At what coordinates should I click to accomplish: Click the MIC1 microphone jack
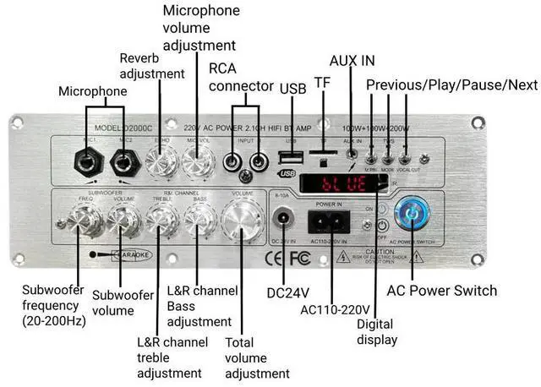click(x=88, y=160)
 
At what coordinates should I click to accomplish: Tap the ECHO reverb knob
click(x=161, y=159)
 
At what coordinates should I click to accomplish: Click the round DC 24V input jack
click(x=282, y=221)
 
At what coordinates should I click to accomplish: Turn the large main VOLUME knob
click(x=242, y=220)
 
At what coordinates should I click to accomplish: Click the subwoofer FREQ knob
click(x=87, y=221)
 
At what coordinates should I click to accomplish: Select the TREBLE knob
click(x=161, y=221)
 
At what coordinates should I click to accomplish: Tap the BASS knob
click(x=199, y=221)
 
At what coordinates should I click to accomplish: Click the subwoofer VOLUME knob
click(x=123, y=221)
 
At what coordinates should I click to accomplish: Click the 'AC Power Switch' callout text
click(x=441, y=291)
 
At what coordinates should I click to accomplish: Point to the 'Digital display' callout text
click(x=377, y=332)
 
